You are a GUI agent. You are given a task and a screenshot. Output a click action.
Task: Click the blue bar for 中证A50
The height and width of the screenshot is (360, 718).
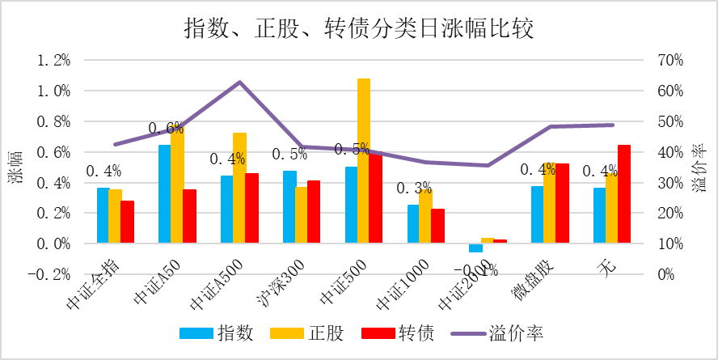pos(164,194)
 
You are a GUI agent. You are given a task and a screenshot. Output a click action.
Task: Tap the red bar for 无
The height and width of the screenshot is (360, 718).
pos(623,194)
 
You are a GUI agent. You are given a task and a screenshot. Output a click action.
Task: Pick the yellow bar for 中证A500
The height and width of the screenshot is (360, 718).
pos(239,188)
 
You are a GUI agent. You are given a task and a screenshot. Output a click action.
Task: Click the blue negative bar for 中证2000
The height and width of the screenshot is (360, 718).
pos(475,248)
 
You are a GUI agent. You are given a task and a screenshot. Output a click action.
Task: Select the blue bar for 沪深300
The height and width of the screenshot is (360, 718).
pos(289,207)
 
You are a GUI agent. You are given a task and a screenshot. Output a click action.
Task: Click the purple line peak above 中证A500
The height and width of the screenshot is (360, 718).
pos(240,83)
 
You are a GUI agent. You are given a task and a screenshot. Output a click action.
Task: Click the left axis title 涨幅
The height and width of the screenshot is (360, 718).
pos(15,167)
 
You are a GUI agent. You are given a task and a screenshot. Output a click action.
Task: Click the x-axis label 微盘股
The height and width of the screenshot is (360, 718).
pos(540,279)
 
